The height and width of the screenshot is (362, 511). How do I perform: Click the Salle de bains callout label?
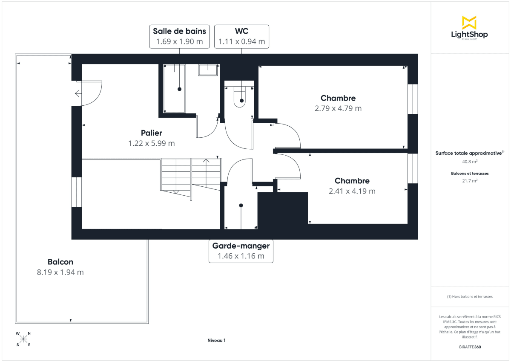click(x=179, y=36)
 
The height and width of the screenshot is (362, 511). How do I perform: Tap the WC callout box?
click(x=241, y=36)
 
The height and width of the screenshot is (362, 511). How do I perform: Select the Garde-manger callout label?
click(x=241, y=251)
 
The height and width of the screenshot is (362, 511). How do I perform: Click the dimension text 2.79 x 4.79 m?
click(x=338, y=108)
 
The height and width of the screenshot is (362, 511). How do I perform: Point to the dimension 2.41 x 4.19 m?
click(x=352, y=191)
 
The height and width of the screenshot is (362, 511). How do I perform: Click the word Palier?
click(x=152, y=133)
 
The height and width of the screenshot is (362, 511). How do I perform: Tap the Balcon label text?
click(x=60, y=262)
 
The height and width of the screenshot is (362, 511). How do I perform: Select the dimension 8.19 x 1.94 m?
click(x=60, y=272)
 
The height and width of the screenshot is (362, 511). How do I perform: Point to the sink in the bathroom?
click(x=208, y=70)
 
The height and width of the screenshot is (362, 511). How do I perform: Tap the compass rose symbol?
click(x=23, y=339)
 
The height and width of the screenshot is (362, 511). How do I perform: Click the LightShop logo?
click(x=469, y=28)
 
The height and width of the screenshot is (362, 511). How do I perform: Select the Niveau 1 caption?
click(x=216, y=340)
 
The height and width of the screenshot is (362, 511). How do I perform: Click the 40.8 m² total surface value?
click(x=470, y=162)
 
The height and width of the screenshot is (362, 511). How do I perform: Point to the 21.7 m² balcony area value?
click(x=470, y=181)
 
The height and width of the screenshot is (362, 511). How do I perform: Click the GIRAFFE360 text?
click(x=470, y=347)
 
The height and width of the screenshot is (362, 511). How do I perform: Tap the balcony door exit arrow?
click(x=78, y=93)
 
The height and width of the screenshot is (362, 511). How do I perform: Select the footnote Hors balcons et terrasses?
click(x=470, y=296)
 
